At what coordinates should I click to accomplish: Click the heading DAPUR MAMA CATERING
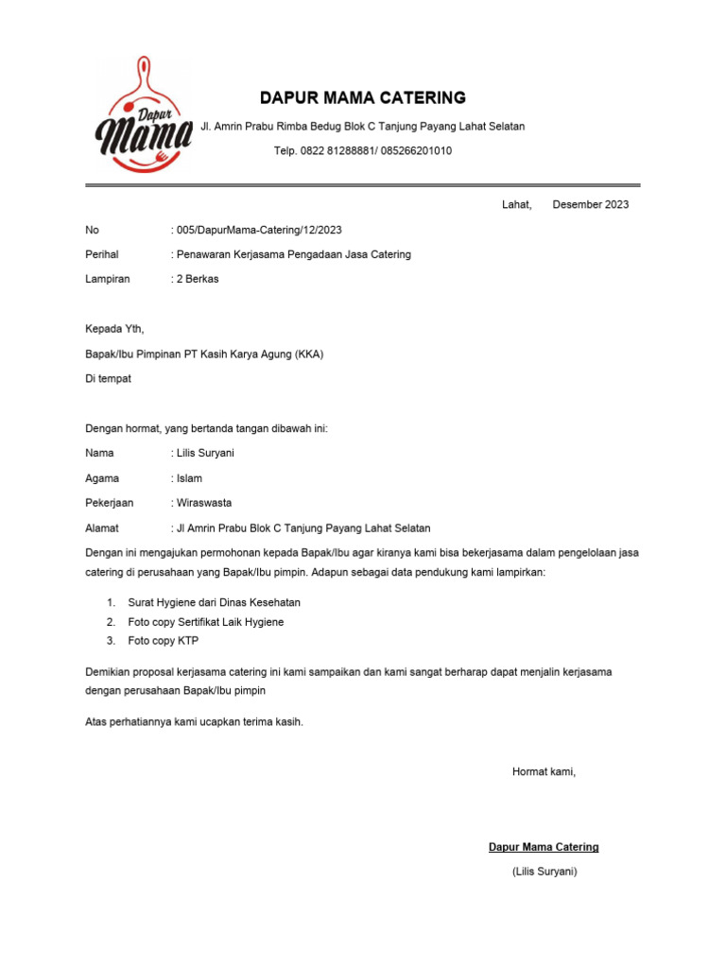pyautogui.click(x=363, y=97)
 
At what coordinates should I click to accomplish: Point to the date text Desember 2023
pyautogui.click(x=591, y=204)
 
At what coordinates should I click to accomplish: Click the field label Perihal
pyautogui.click(x=101, y=254)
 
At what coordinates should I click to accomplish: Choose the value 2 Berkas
pyautogui.click(x=197, y=279)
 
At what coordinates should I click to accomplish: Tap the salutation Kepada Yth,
pyautogui.click(x=114, y=330)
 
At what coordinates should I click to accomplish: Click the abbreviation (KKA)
pyautogui.click(x=308, y=354)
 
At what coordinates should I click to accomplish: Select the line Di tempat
pyautogui.click(x=109, y=379)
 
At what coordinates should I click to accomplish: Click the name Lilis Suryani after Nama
pyautogui.click(x=205, y=453)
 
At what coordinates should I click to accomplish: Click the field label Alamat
pyautogui.click(x=101, y=527)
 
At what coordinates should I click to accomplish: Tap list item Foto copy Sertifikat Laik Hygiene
pyautogui.click(x=206, y=622)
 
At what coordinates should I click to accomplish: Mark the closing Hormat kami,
pyautogui.click(x=544, y=772)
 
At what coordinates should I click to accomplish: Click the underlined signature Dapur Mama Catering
pyautogui.click(x=544, y=847)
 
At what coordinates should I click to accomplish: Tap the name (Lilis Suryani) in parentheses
pyautogui.click(x=544, y=872)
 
